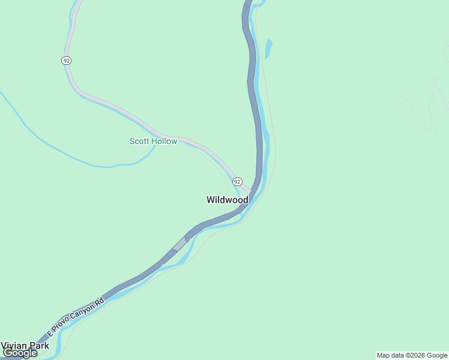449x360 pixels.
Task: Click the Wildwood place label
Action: tap(228, 200)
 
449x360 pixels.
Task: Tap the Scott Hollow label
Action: tap(153, 142)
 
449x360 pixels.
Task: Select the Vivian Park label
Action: tap(25, 346)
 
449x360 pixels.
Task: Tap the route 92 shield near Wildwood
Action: tap(237, 181)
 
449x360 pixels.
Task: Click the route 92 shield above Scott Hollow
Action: tap(65, 60)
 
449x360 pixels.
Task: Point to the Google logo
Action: tap(20, 353)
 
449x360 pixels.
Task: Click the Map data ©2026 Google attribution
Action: tap(412, 355)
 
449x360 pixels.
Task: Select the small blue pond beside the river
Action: tap(268, 48)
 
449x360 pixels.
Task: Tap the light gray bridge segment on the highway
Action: tap(179, 244)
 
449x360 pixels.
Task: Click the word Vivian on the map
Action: tap(14, 346)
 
